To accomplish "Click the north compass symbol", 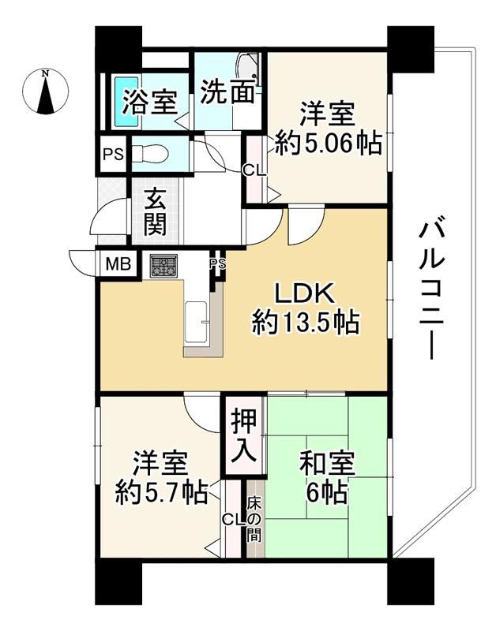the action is (45, 91).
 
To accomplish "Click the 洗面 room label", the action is (228, 91).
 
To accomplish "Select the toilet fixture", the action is (150, 153).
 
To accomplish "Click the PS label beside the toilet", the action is (113, 154).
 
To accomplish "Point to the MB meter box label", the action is (118, 264).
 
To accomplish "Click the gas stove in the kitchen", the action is (163, 266).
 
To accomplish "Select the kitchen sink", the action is (196, 323).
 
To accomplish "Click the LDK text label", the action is (304, 294).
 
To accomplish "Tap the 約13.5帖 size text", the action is (306, 323).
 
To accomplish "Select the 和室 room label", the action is (327, 464).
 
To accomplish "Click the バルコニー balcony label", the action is (431, 288).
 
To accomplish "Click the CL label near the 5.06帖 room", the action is (254, 171).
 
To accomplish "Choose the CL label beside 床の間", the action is (235, 521).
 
